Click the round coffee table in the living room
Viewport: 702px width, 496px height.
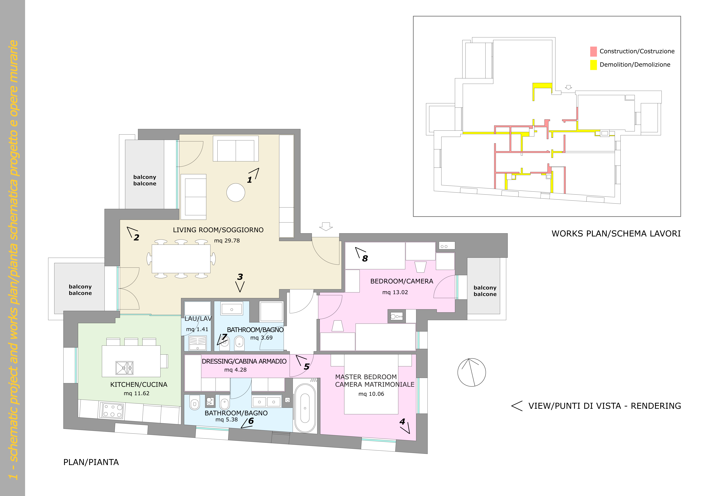[x=236, y=192]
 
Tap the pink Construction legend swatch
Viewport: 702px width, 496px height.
[x=593, y=51]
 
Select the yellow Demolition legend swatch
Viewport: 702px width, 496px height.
[x=593, y=65]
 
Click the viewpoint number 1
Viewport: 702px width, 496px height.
[x=249, y=180]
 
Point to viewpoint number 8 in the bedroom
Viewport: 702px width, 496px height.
[x=365, y=258]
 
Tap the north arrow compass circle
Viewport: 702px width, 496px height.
[x=471, y=372]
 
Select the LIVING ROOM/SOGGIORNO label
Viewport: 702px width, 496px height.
[x=218, y=230]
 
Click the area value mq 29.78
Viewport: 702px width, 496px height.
[x=227, y=241]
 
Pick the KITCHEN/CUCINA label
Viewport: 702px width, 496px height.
[x=139, y=385]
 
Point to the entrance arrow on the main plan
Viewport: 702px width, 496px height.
[x=326, y=226]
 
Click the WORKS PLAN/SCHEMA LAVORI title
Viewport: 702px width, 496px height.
[x=616, y=234]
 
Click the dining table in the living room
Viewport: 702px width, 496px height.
[x=181, y=259]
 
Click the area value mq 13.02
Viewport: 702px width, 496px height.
[x=395, y=292]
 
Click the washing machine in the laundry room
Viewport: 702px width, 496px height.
[x=198, y=343]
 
